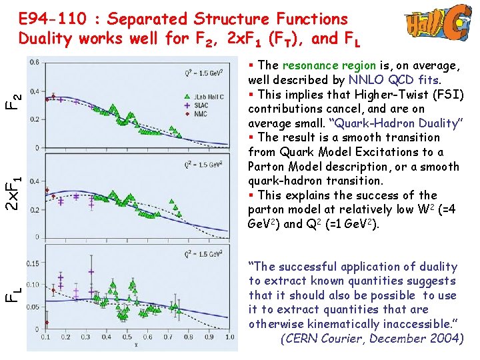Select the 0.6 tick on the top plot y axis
point(33,62)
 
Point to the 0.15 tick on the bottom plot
point(32,263)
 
